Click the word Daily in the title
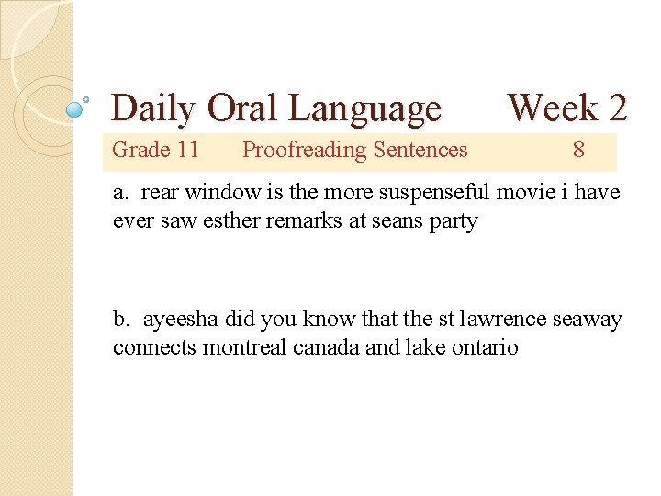[x=153, y=108]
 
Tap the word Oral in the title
[x=243, y=108]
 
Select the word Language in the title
[x=364, y=108]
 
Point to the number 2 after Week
[x=617, y=107]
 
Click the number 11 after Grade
[x=187, y=150]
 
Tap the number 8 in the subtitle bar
[x=578, y=150]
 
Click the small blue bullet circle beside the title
[x=76, y=108]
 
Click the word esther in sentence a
[x=241, y=221]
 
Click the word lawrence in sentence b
[x=493, y=320]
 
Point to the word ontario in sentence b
[x=484, y=348]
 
